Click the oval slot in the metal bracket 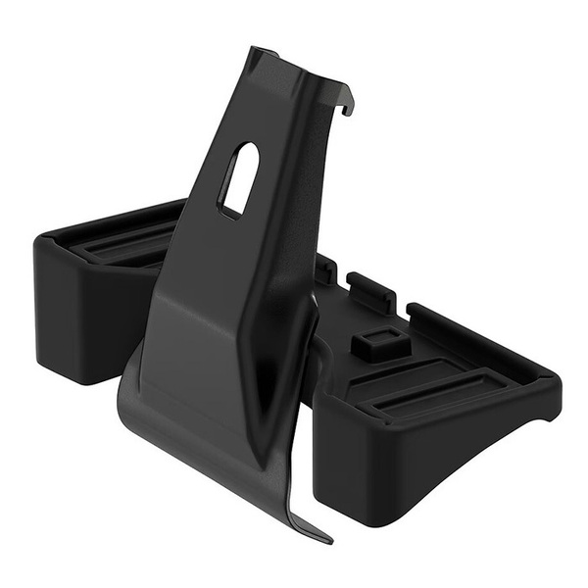pos(238,178)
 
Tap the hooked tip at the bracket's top pos(346,105)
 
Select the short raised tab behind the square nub pos(371,290)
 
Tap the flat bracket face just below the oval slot pos(230,255)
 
